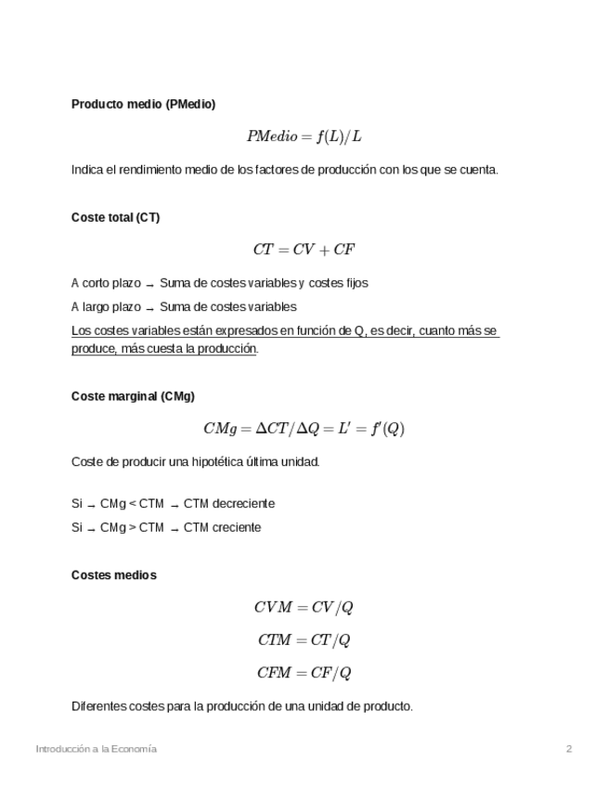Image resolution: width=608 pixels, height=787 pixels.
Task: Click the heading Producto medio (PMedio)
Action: pos(143,105)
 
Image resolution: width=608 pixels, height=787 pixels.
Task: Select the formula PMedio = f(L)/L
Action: pos(304,136)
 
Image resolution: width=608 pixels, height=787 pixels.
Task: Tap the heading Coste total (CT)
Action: pos(115,217)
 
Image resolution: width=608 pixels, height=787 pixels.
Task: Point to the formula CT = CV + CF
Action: pos(304,250)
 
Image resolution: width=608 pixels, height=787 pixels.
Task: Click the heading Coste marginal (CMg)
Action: pos(133,396)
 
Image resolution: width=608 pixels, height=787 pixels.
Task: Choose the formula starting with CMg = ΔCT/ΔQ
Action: pos(304,429)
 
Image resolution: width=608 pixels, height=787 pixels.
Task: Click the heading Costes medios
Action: pos(113,575)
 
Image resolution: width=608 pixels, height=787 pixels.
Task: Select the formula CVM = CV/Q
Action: pos(304,608)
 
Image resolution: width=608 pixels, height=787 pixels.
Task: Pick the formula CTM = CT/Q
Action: pos(304,640)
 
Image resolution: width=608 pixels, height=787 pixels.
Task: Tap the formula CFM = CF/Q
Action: pos(304,673)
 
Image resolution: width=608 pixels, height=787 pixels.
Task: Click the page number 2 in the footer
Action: pos(569,749)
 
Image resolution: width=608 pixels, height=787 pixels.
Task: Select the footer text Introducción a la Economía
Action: pos(96,749)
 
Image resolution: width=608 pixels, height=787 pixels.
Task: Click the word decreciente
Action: pos(243,504)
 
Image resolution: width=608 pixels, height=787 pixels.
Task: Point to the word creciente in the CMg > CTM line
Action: pos(237,527)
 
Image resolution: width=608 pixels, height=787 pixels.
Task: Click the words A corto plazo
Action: pos(107,283)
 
